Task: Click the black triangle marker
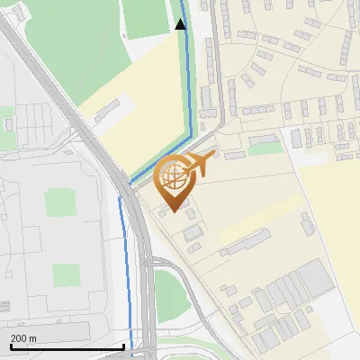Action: [180, 24]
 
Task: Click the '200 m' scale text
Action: [23, 337]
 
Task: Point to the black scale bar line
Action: [67, 346]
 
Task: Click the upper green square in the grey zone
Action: [60, 202]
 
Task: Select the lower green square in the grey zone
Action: [66, 274]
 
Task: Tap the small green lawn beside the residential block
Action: [265, 148]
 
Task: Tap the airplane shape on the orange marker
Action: [199, 163]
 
